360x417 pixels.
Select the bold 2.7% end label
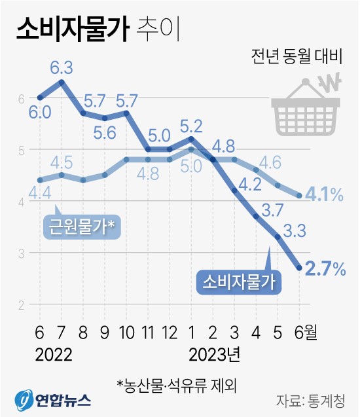click(x=328, y=268)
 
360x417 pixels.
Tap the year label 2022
click(x=54, y=355)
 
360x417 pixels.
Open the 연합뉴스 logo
click(x=52, y=399)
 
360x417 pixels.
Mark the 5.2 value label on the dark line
click(x=191, y=124)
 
